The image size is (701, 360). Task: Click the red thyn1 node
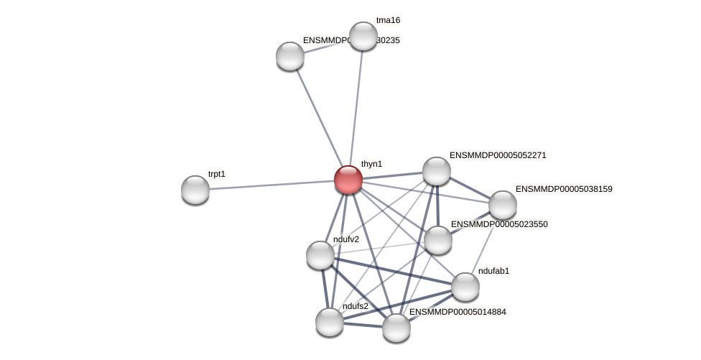348,180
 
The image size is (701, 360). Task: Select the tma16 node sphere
363,36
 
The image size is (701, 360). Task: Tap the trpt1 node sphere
195,190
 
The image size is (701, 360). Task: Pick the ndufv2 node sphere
320,255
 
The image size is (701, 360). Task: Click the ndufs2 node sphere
330,322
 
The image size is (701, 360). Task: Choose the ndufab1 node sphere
465,287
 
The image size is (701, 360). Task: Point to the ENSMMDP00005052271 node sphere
437,171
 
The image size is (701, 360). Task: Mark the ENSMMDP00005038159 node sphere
503,205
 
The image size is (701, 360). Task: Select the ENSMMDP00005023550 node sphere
438,240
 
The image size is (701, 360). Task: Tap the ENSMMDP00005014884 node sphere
396,328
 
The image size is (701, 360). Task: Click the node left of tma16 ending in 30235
290,56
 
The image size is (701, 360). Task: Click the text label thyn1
371,164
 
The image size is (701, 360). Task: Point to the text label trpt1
217,174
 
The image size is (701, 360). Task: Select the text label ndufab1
493,271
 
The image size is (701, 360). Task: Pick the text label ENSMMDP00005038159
564,189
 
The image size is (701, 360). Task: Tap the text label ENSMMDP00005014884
458,312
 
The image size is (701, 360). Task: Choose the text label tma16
388,20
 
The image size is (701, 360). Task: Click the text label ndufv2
346,239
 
